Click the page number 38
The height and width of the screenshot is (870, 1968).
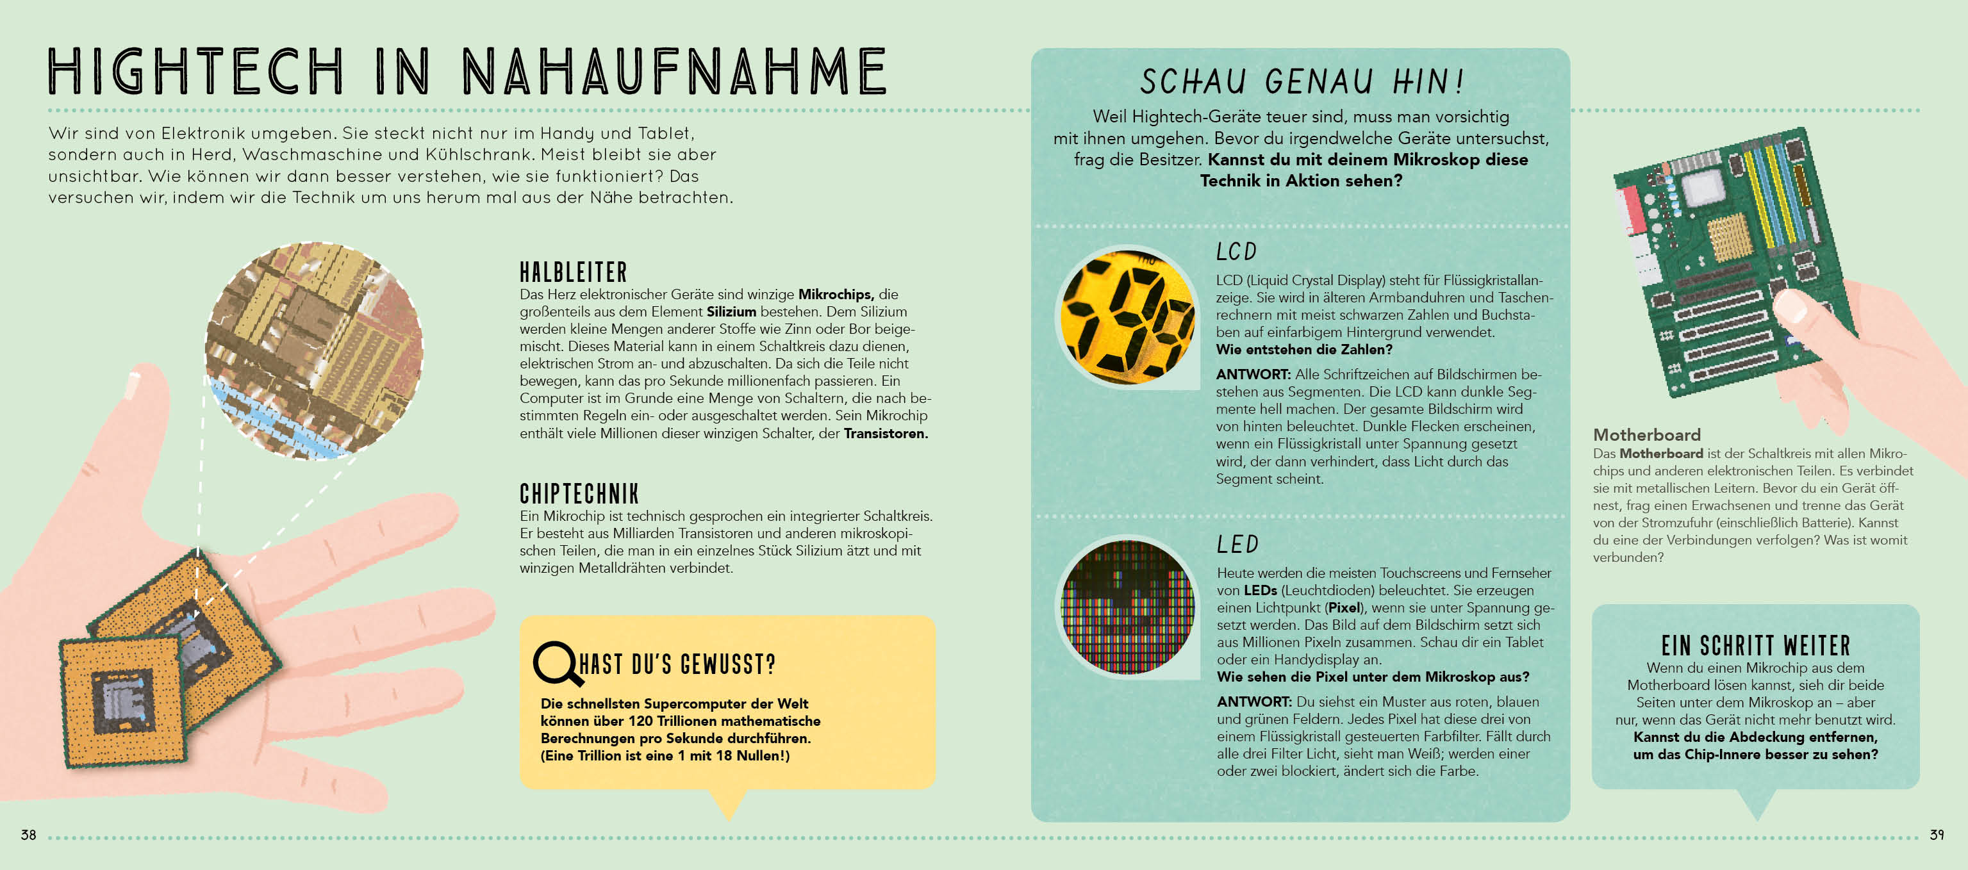(28, 835)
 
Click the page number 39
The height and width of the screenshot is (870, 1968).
(1936, 835)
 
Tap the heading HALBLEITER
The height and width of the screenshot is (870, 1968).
(573, 273)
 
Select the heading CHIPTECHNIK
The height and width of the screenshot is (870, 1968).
(579, 494)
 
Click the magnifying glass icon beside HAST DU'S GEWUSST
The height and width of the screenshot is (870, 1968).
(553, 662)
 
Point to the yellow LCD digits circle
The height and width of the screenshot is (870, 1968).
(1127, 316)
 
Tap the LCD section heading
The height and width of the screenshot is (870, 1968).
(1236, 252)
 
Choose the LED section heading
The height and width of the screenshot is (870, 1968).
(1237, 545)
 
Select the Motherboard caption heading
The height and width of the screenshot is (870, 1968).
(1646, 434)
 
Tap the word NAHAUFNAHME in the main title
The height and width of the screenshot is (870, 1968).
(674, 71)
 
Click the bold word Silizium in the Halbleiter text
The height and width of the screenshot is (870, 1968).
(731, 311)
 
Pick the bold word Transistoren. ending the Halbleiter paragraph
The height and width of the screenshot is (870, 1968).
(886, 434)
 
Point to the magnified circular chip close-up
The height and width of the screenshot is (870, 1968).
(314, 351)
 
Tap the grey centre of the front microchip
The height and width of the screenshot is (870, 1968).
(122, 702)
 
